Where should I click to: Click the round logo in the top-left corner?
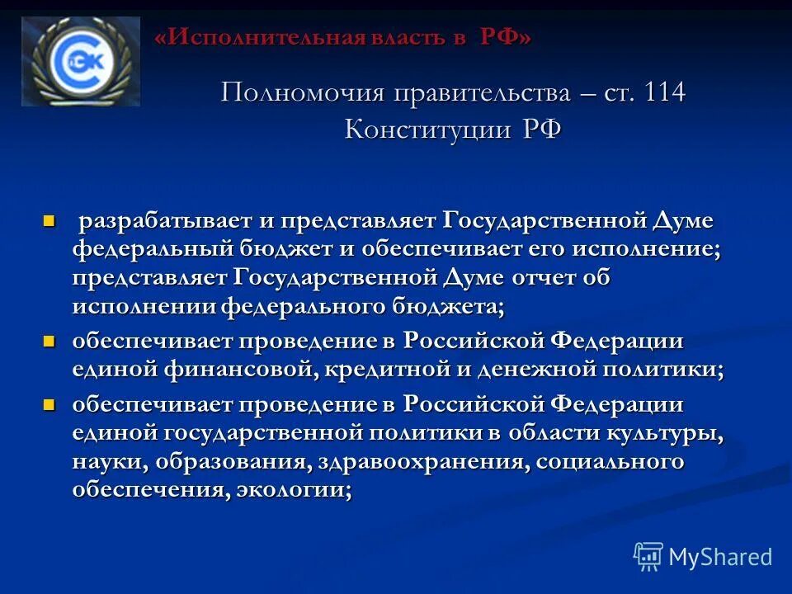pos(80,61)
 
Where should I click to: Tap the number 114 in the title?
pos(658,92)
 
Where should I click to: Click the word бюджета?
pos(446,306)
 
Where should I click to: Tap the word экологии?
pos(294,489)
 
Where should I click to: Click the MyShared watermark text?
pos(719,557)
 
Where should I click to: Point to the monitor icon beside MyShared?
pos(648,556)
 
